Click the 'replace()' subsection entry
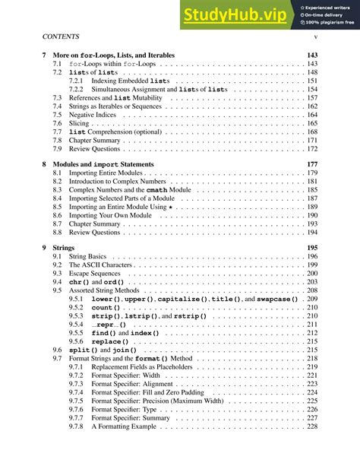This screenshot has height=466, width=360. pos(110,342)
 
